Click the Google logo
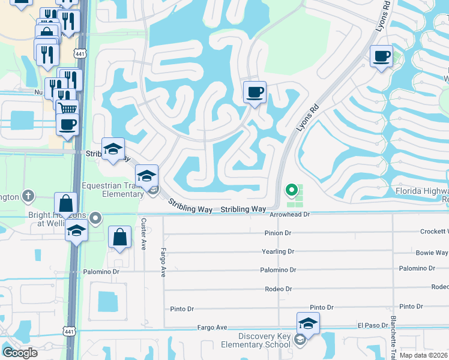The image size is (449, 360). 20,353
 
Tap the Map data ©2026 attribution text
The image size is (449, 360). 423,355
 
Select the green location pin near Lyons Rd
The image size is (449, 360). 291,190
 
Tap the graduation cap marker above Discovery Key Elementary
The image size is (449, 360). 308,323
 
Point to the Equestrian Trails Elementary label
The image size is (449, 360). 112,190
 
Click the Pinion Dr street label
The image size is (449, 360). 277,233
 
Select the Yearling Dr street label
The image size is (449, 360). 278,251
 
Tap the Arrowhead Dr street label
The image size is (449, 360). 289,214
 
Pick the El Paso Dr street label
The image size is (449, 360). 373,325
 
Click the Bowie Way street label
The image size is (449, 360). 433,253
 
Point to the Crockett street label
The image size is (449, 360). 434,232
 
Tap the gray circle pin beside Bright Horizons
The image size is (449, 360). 94,217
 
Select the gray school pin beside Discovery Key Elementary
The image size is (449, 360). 300,340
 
